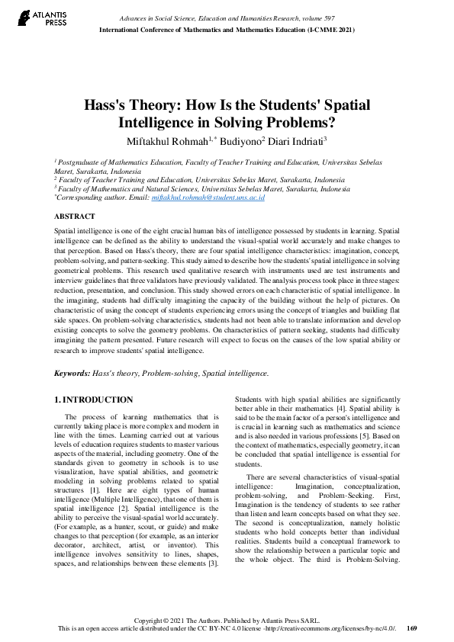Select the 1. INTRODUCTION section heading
click(x=95, y=400)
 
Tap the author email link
click(x=208, y=197)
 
